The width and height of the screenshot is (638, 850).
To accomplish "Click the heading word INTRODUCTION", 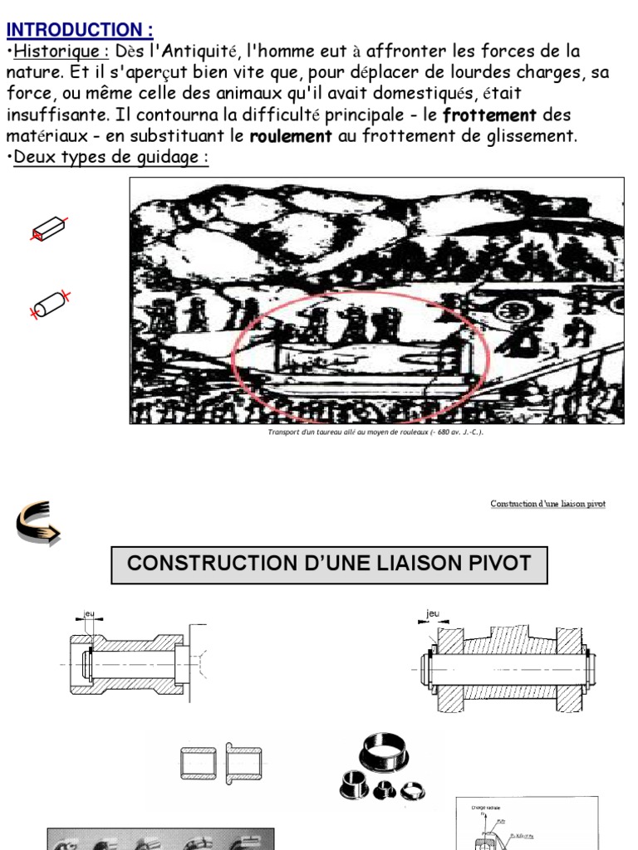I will click(x=78, y=30).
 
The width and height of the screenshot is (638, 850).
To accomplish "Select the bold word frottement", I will click(x=489, y=115).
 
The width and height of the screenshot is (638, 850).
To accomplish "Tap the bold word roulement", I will click(x=291, y=136).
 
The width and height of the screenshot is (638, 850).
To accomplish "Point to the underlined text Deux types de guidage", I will click(x=107, y=158).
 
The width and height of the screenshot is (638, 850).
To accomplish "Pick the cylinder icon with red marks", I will click(x=51, y=303).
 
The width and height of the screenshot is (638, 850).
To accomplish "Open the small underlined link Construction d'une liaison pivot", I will click(x=547, y=504).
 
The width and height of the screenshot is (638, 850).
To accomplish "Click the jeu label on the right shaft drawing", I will click(x=432, y=613).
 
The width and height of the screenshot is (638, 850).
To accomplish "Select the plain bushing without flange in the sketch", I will click(x=198, y=762).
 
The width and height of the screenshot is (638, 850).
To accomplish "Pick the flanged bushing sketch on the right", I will click(x=244, y=762).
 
